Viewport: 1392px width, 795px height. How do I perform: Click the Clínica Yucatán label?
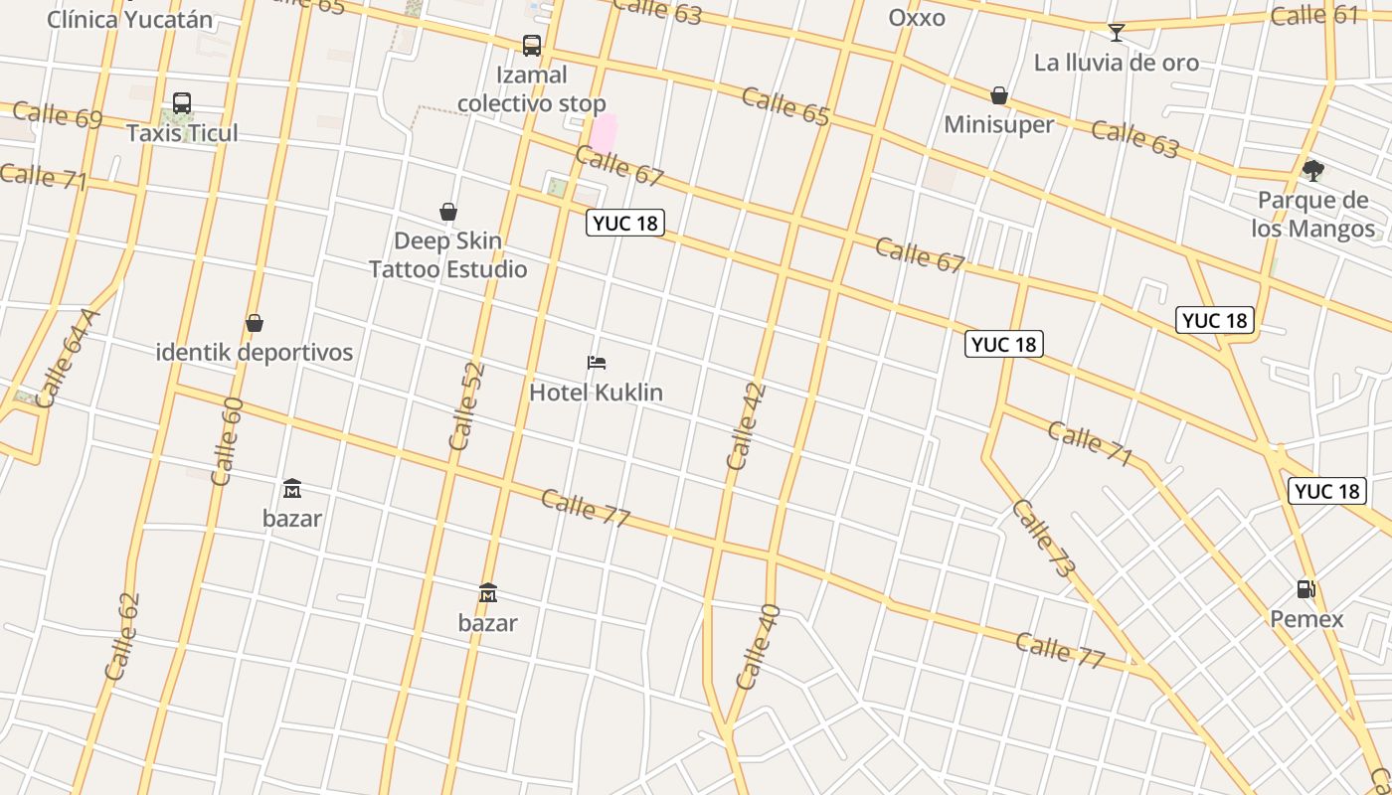pyautogui.click(x=130, y=19)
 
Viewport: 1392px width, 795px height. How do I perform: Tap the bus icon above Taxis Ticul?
pyautogui.click(x=182, y=103)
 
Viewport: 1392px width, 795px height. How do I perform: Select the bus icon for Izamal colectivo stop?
pyautogui.click(x=532, y=46)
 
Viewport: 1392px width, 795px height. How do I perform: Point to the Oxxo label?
pyautogui.click(x=917, y=18)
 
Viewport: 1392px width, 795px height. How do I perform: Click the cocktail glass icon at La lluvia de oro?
pyautogui.click(x=1117, y=33)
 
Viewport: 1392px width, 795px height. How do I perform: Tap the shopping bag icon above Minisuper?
pyautogui.click(x=999, y=95)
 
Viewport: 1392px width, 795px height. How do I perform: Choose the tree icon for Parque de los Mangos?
pyautogui.click(x=1313, y=171)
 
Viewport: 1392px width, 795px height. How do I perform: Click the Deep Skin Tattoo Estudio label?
pyautogui.click(x=448, y=255)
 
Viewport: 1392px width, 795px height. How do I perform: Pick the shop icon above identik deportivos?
pyautogui.click(x=255, y=323)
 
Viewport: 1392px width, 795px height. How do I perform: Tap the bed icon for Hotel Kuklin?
pyautogui.click(x=597, y=363)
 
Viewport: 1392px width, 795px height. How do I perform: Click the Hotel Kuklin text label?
pyautogui.click(x=596, y=393)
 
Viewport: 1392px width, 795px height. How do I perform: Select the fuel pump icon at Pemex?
pyautogui.click(x=1306, y=589)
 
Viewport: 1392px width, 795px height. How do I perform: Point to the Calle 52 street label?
pyautogui.click(x=466, y=405)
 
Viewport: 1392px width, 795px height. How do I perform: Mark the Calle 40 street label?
pyautogui.click(x=758, y=647)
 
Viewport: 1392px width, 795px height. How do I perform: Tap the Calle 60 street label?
pyautogui.click(x=227, y=441)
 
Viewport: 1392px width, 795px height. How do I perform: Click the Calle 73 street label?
pyautogui.click(x=1043, y=539)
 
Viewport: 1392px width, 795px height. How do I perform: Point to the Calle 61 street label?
pyautogui.click(x=1314, y=15)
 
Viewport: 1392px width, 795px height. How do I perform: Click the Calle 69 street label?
pyautogui.click(x=58, y=115)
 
